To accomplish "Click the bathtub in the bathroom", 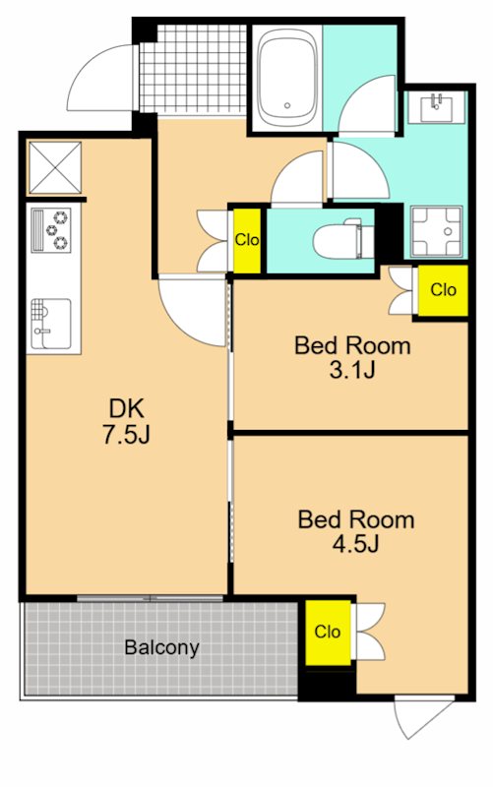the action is [x=287, y=78].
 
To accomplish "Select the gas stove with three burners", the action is [x=51, y=230].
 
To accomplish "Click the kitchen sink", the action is [x=51, y=324].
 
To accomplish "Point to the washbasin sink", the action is [x=436, y=108].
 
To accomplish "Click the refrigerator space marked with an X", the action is [x=55, y=167].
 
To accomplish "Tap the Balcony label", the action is [x=161, y=647].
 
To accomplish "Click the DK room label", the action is [x=127, y=408].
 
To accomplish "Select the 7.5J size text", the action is [x=127, y=435].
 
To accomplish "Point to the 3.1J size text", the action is [x=352, y=371].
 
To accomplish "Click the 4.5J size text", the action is [x=355, y=544].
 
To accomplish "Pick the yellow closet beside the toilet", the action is [x=247, y=240].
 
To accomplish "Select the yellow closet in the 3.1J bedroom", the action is [x=443, y=290].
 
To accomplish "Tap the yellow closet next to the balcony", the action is [x=328, y=632].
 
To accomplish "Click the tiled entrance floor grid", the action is [x=193, y=69].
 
